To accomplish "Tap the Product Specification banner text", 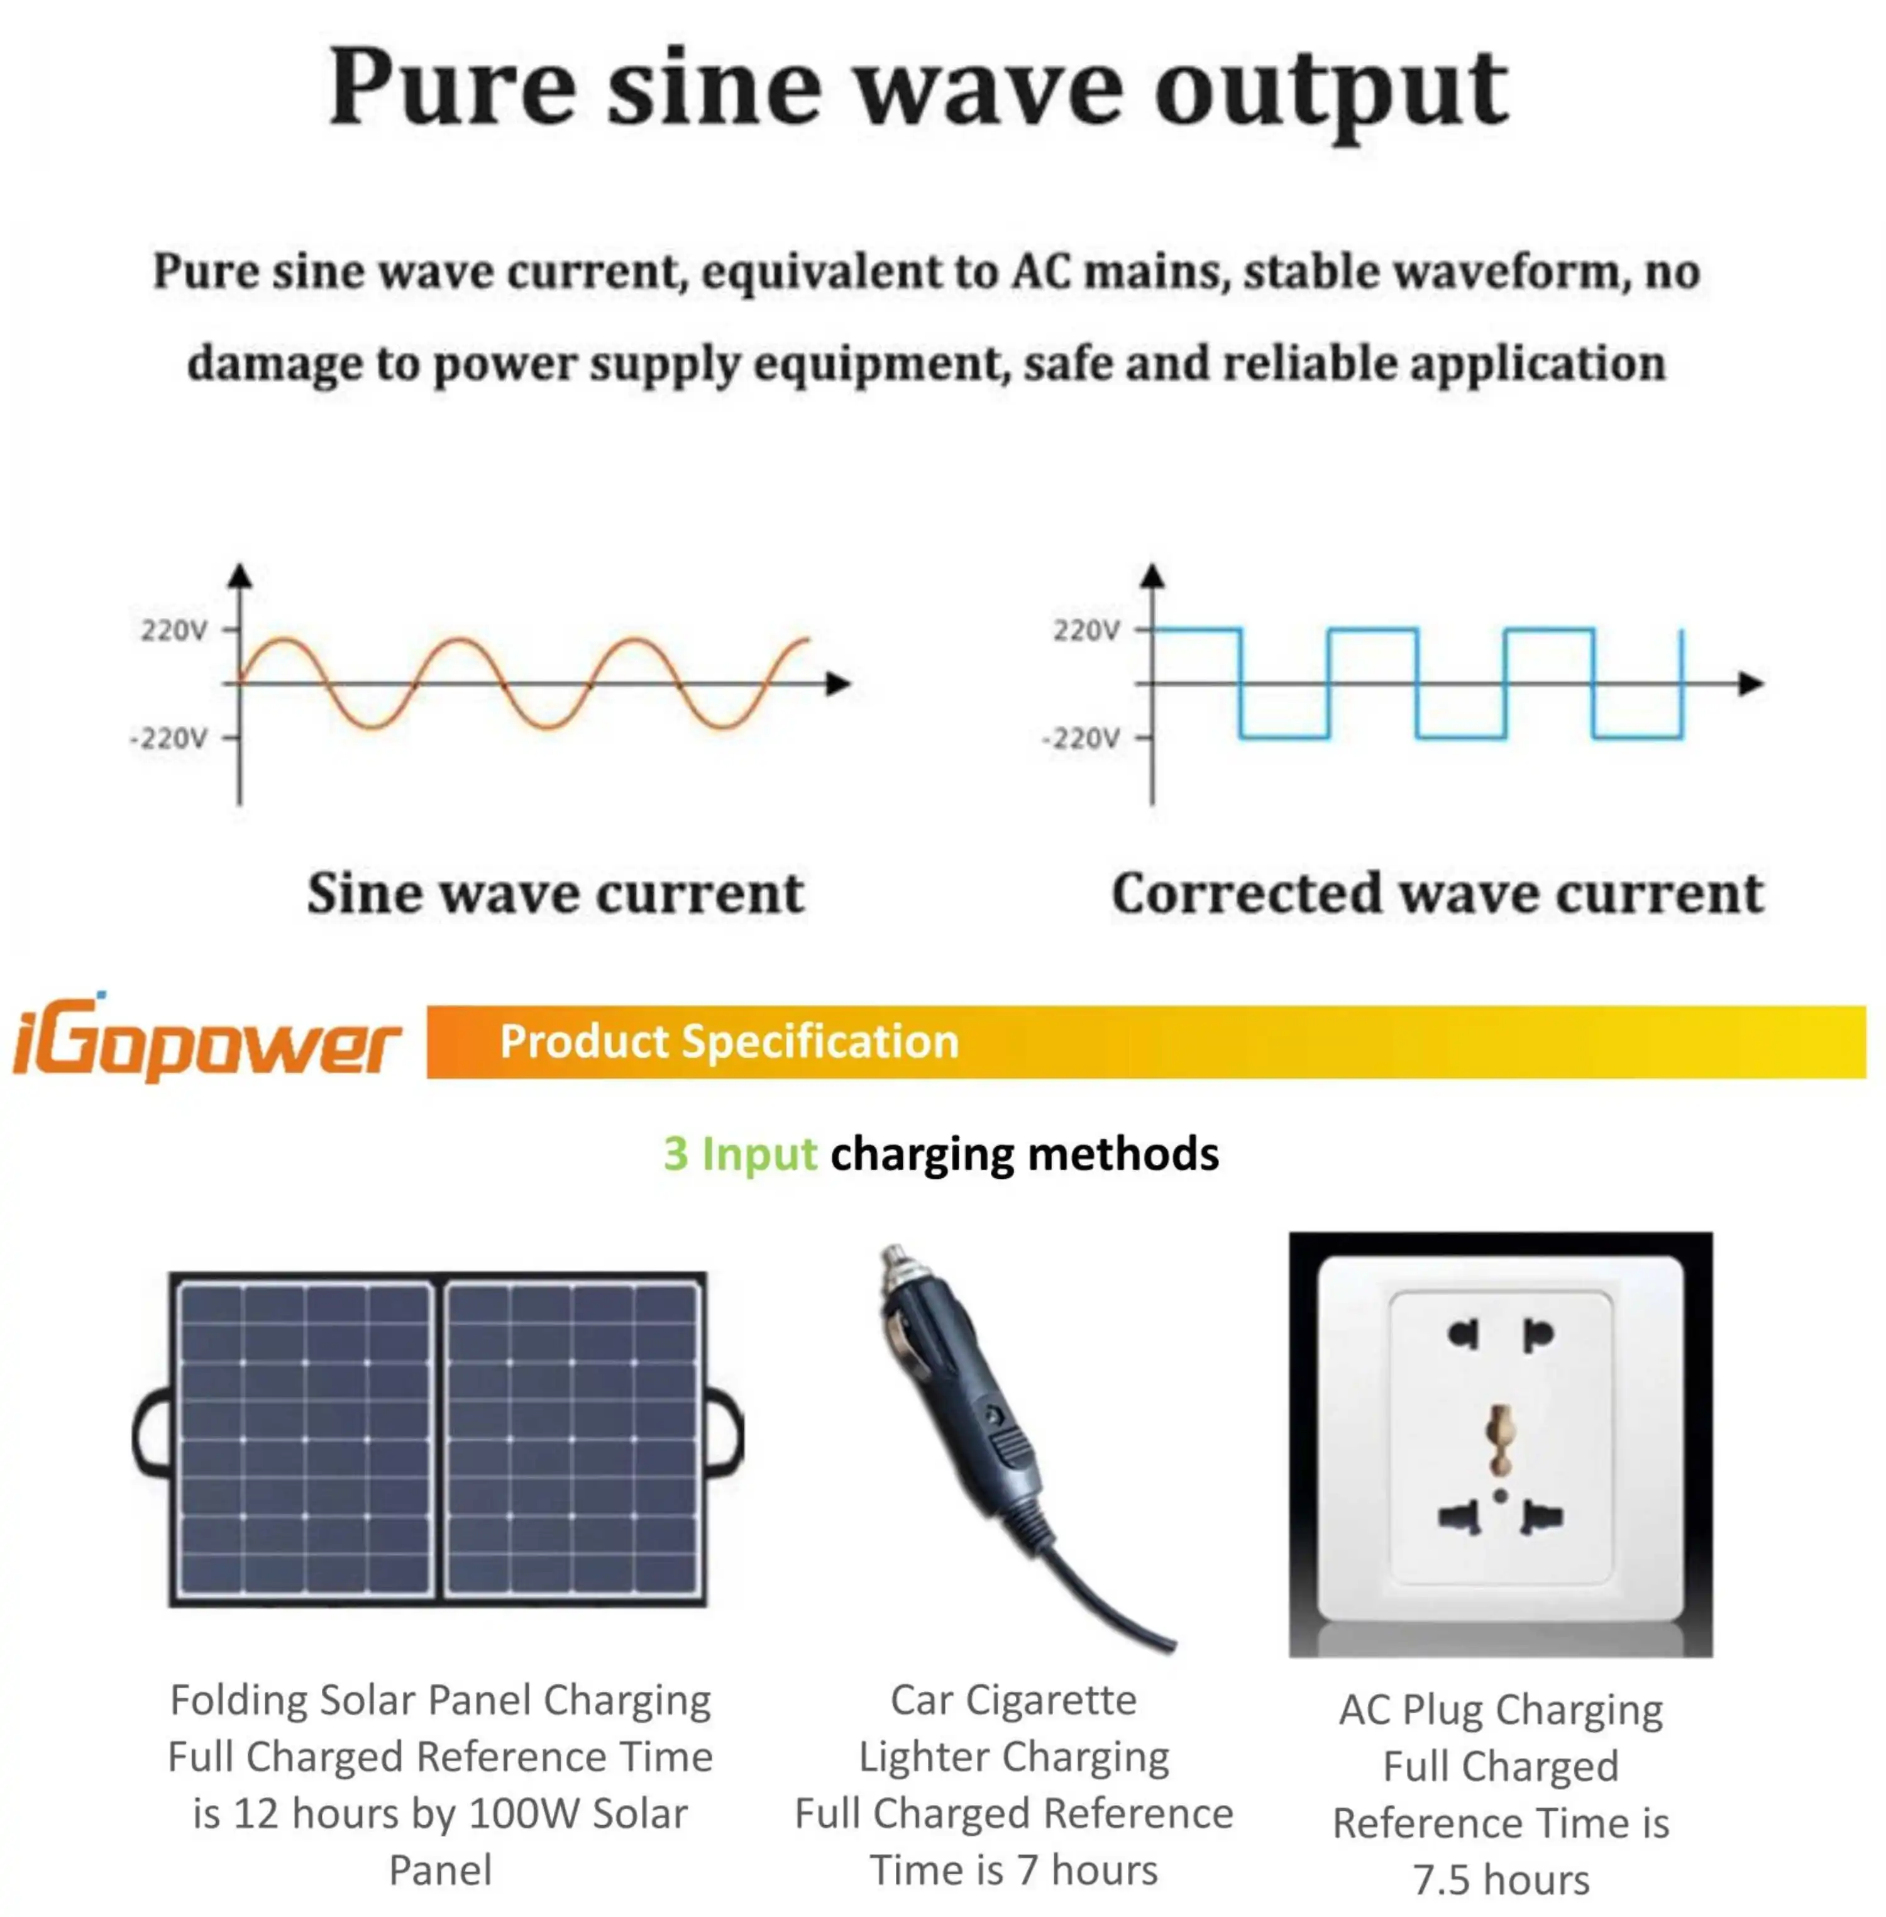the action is (x=729, y=1041).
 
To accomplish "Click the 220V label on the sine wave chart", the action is (x=174, y=630).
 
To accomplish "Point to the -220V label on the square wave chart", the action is (x=1082, y=738).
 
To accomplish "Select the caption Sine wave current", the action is (x=554, y=893).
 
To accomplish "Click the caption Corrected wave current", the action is (x=1437, y=893).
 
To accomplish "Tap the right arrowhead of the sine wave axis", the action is (x=839, y=683).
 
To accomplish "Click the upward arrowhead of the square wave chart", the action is (x=1152, y=577).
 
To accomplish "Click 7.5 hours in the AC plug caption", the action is (x=1501, y=1879).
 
